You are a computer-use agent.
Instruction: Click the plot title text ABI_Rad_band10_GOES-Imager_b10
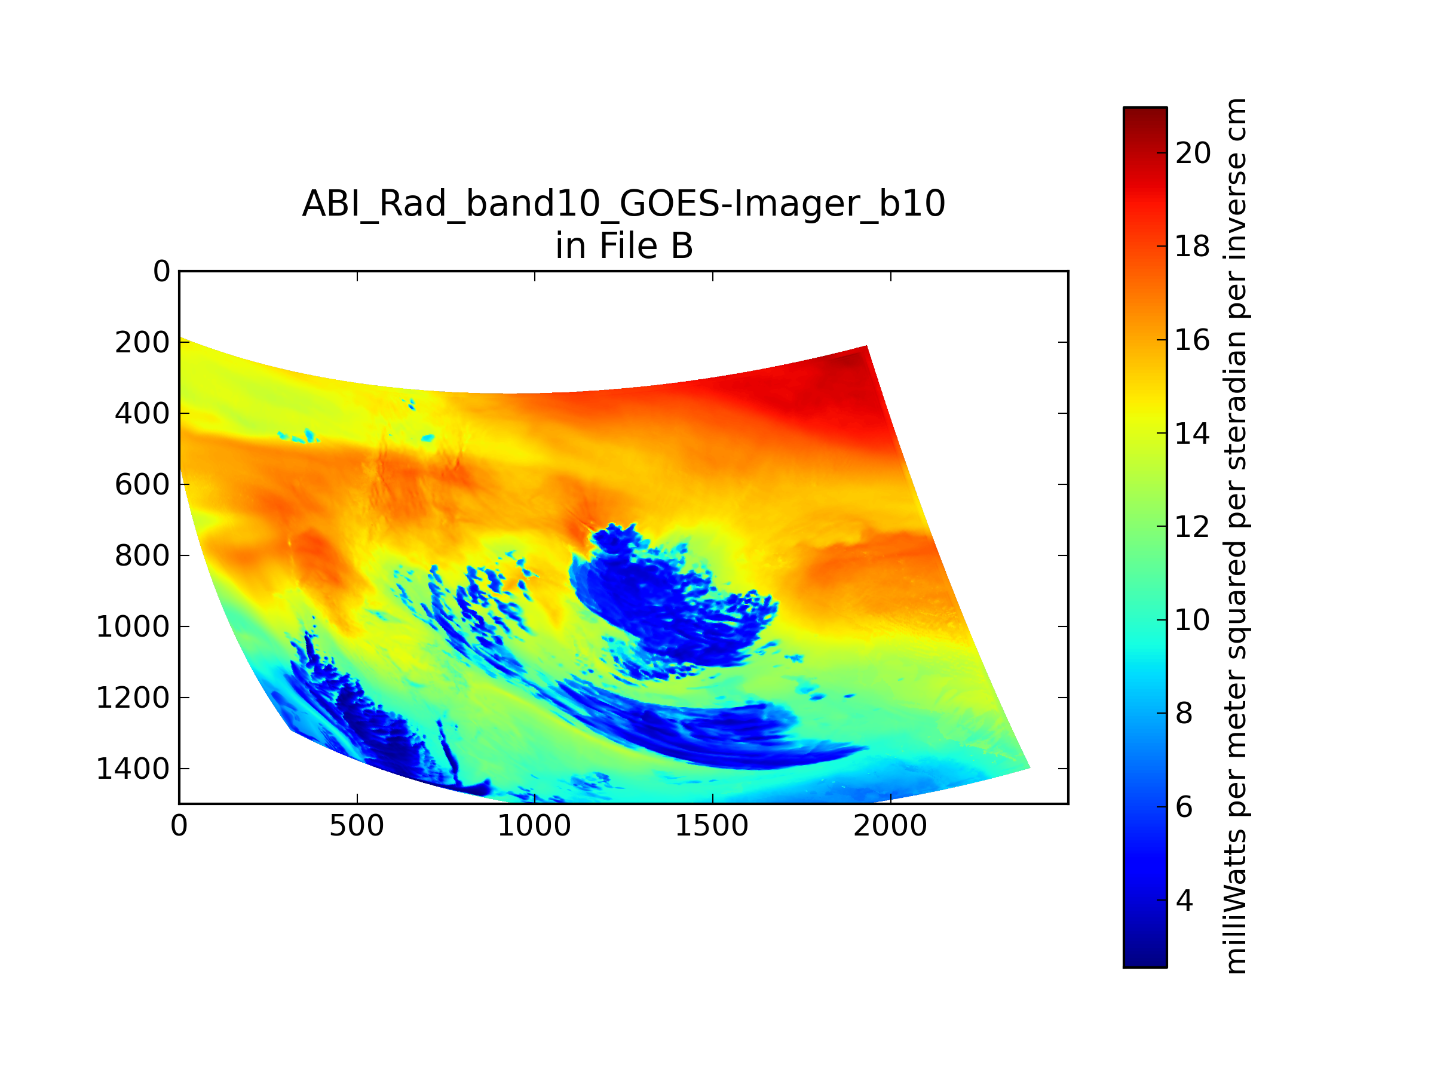click(624, 205)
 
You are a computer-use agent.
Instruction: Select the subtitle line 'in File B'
click(624, 246)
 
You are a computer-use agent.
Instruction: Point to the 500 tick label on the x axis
click(357, 826)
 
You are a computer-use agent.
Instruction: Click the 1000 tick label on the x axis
click(534, 826)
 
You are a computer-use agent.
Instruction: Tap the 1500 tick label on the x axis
click(712, 826)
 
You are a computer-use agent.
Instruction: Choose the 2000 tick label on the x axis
click(890, 826)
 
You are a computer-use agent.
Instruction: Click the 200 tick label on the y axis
click(143, 343)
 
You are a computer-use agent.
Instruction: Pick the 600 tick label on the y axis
click(143, 485)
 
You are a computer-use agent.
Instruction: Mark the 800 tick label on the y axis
click(143, 556)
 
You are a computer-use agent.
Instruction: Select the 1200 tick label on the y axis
click(133, 698)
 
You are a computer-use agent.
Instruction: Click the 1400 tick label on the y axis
click(133, 769)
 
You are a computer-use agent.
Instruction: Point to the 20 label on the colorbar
click(1193, 153)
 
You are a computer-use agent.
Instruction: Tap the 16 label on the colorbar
click(1193, 340)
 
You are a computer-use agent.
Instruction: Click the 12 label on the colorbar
click(1193, 527)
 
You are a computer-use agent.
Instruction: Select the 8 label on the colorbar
click(1184, 714)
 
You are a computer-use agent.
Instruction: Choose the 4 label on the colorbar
click(1184, 901)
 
